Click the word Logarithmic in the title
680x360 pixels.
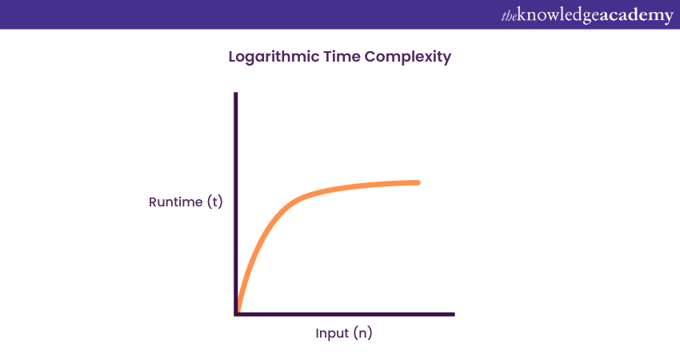pyautogui.click(x=274, y=58)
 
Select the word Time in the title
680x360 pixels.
pyautogui.click(x=342, y=56)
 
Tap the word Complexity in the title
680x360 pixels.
pyautogui.click(x=408, y=58)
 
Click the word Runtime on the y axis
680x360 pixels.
pyautogui.click(x=176, y=202)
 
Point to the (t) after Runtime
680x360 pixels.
pyautogui.click(x=215, y=202)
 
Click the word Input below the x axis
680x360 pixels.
pyautogui.click(x=332, y=334)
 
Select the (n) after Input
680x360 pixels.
pyautogui.click(x=363, y=333)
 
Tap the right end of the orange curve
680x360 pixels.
pyautogui.click(x=418, y=182)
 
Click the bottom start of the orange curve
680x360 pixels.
pyautogui.click(x=238, y=310)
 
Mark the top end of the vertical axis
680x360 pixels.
pyautogui.click(x=236, y=93)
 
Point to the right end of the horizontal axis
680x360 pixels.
pyautogui.click(x=454, y=314)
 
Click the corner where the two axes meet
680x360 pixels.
pyautogui.click(x=236, y=314)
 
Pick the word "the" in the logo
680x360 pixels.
pyautogui.click(x=509, y=16)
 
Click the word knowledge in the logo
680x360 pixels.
pyautogui.click(x=558, y=16)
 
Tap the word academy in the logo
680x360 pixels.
pyautogui.click(x=637, y=17)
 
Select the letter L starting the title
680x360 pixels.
pyautogui.click(x=233, y=56)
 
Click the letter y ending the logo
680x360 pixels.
pyautogui.click(x=668, y=18)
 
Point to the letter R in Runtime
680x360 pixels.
pyautogui.click(x=153, y=202)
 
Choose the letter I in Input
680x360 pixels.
pyautogui.click(x=317, y=333)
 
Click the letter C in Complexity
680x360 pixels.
pyautogui.click(x=370, y=56)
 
